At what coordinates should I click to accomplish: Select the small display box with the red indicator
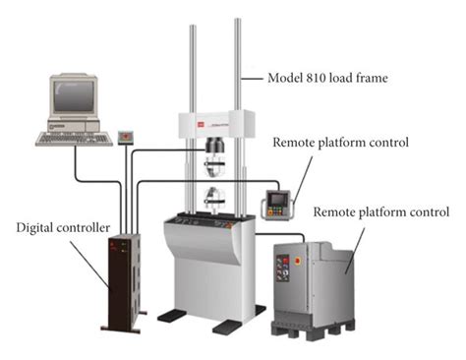(x=125, y=136)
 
